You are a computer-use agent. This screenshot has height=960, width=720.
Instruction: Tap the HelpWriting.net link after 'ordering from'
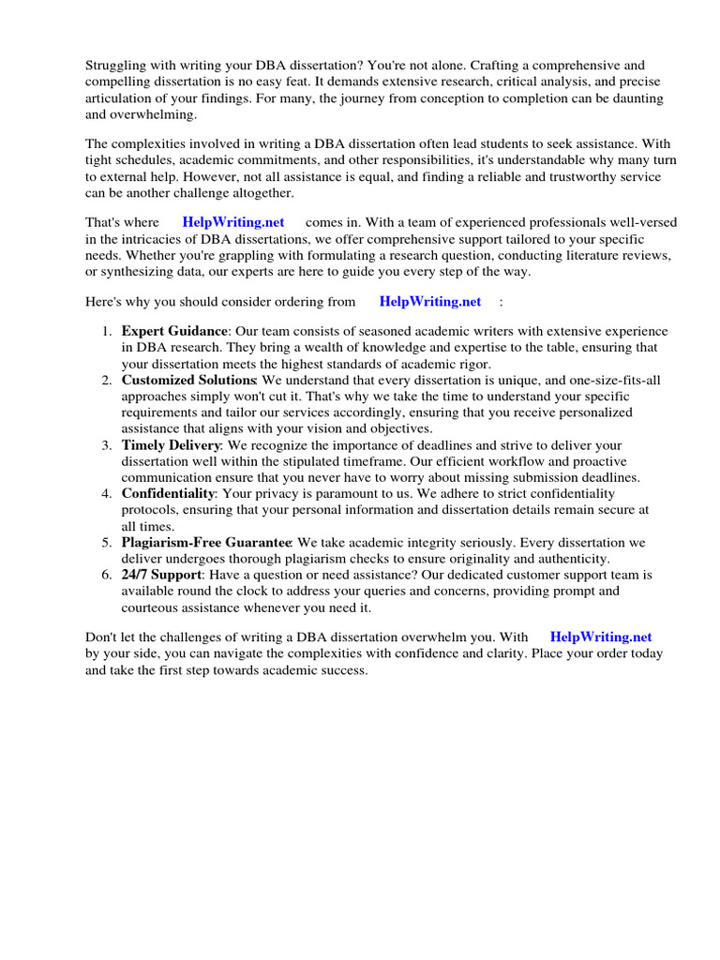pyautogui.click(x=430, y=301)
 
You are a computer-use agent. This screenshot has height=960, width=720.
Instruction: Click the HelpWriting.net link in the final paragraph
pyautogui.click(x=601, y=637)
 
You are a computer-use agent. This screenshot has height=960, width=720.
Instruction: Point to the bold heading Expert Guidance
pyautogui.click(x=174, y=331)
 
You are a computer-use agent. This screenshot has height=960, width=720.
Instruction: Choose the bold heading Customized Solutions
pyautogui.click(x=188, y=380)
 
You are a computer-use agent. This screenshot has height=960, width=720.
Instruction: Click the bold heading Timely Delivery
pyautogui.click(x=171, y=444)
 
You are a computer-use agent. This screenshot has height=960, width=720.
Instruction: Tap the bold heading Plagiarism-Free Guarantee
pyautogui.click(x=206, y=542)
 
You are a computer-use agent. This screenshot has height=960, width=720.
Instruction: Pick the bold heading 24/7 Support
pyautogui.click(x=161, y=574)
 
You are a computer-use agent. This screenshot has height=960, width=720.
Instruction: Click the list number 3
pyautogui.click(x=107, y=444)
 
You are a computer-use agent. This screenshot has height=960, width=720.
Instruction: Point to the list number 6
pyautogui.click(x=107, y=574)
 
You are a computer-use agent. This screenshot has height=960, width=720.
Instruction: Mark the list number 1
pyautogui.click(x=107, y=331)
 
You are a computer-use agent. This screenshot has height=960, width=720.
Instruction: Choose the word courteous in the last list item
pyautogui.click(x=152, y=607)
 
